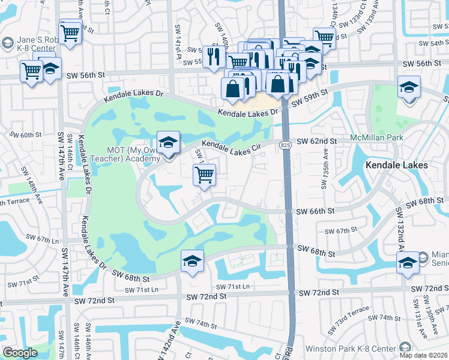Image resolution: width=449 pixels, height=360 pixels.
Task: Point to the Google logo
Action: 20,353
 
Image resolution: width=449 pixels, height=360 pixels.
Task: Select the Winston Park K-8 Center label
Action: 351,349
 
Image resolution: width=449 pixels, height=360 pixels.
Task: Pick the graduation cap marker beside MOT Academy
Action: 169,142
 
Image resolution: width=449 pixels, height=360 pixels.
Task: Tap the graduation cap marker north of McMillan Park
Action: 409,88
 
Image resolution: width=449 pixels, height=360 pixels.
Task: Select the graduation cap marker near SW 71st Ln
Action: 192,261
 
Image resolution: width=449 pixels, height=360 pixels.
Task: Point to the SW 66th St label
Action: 318,211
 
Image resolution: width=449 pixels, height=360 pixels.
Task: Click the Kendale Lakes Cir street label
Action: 231,146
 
